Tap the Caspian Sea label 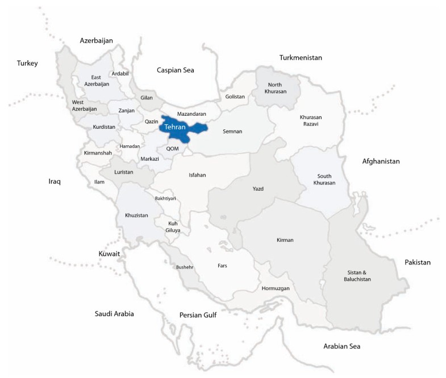pos(175,70)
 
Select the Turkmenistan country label pos(301,58)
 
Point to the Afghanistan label pos(381,161)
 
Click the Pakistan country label pos(418,262)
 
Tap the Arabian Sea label pos(341,346)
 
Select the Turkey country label pos(27,63)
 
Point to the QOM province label pos(173,148)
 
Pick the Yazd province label pos(258,188)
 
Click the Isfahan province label pos(197,175)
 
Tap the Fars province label pos(223,265)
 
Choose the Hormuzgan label pos(276,289)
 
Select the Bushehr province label pos(185,267)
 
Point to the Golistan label pos(235,96)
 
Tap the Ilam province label pos(99,182)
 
